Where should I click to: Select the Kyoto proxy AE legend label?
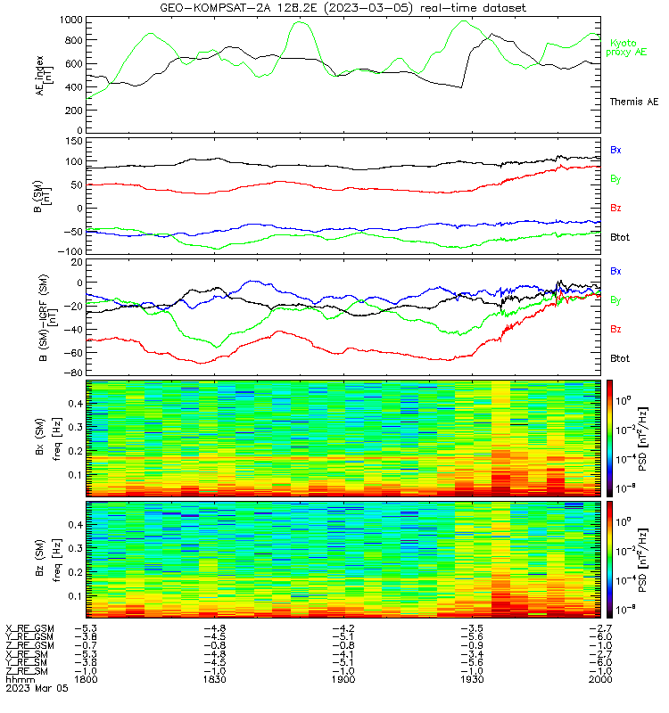click(626, 48)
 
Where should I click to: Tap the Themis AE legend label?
click(634, 102)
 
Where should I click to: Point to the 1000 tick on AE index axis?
click(71, 20)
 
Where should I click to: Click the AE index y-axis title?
click(44, 76)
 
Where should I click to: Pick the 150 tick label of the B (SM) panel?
click(74, 142)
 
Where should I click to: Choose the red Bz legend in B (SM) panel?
click(615, 208)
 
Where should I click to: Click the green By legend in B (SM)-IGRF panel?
click(615, 300)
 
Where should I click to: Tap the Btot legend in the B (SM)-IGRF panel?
click(620, 358)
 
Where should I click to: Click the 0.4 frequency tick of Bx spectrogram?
click(76, 404)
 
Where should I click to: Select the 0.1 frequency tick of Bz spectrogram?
click(76, 596)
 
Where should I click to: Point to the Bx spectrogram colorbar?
click(609, 438)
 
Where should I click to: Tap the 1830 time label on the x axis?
click(214, 679)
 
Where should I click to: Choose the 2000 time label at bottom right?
click(600, 679)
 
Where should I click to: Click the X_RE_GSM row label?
click(29, 628)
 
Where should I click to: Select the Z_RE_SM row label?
click(27, 671)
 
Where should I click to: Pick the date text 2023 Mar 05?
click(37, 688)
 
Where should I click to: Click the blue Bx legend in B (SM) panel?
click(615, 150)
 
